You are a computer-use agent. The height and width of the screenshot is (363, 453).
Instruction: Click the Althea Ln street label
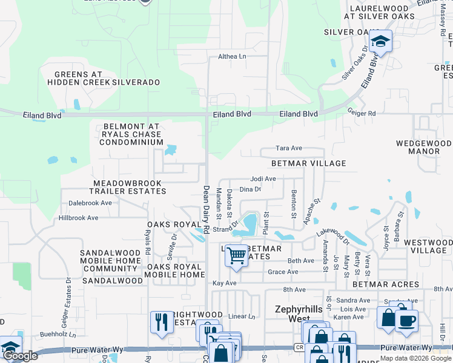(233, 57)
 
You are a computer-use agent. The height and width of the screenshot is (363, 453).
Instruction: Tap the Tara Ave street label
(289, 148)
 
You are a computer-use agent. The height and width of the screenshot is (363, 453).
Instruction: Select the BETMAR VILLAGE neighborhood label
(308, 163)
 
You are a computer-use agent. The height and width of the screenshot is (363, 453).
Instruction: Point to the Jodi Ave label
(263, 179)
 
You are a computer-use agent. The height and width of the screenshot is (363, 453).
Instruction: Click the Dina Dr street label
(250, 189)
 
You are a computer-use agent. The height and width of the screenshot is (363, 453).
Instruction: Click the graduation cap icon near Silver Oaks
(380, 41)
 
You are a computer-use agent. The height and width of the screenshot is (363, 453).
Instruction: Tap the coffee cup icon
(406, 320)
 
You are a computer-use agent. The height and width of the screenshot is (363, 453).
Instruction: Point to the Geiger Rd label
(362, 113)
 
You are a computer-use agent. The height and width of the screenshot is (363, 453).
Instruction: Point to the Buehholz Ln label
(55, 333)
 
